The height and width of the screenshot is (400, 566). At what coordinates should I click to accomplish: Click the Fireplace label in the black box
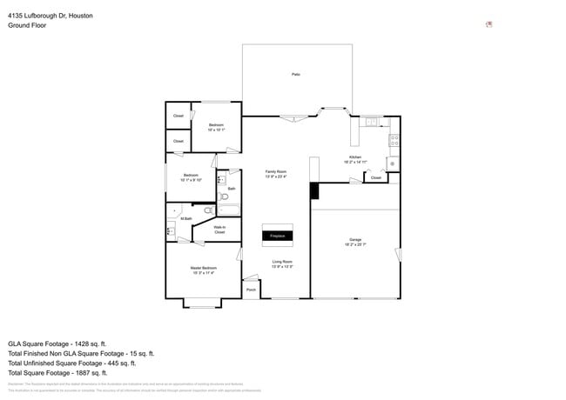(277, 236)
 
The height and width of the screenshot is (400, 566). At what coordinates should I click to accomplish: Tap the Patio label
(296, 75)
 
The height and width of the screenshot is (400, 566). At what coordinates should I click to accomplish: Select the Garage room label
(355, 239)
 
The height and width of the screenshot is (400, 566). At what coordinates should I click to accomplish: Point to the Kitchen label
(355, 157)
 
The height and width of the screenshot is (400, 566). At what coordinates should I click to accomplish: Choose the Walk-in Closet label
(219, 230)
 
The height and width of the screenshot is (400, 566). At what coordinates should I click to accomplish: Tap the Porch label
(251, 290)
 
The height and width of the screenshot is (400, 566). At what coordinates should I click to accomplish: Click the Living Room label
(282, 262)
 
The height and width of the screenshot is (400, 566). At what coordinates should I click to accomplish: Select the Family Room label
(276, 172)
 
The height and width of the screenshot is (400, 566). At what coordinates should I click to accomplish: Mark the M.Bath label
(186, 218)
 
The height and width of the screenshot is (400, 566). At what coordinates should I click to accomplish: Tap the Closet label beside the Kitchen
(376, 177)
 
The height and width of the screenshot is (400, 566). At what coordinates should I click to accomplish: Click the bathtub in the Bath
(230, 209)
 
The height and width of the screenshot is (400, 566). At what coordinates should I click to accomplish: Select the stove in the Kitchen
(394, 138)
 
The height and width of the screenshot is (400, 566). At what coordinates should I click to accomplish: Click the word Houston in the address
(80, 16)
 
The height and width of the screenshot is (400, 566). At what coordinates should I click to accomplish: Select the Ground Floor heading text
(27, 25)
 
